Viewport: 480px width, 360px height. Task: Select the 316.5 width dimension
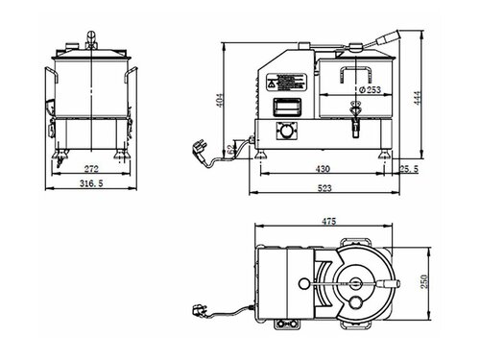[x=90, y=184]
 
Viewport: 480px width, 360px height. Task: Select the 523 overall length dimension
[x=326, y=188]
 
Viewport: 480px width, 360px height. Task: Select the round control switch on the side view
[x=286, y=129]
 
